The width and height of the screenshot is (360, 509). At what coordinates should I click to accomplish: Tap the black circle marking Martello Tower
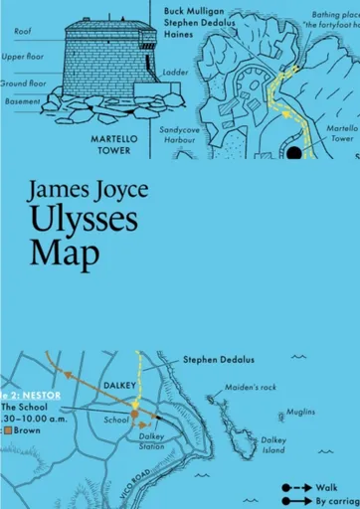click(294, 152)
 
